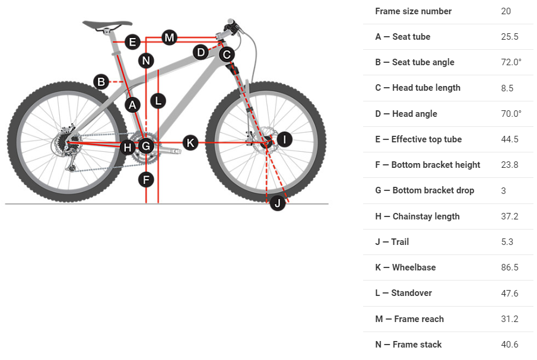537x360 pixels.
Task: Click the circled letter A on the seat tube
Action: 132,105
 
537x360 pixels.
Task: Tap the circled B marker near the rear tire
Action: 101,82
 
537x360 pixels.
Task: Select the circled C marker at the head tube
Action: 226,55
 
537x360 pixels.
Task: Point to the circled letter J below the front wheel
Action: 277,204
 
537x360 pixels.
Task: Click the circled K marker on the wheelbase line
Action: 190,142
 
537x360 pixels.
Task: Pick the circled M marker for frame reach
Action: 170,38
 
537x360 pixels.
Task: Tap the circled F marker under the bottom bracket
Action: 147,179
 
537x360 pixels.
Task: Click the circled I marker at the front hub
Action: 284,139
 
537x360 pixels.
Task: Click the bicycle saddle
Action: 107,25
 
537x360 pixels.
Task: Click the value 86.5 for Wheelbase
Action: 510,267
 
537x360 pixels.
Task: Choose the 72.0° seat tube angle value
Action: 511,62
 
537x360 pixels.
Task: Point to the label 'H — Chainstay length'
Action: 417,216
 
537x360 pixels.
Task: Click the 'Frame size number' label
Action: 413,11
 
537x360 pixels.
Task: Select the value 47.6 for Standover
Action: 510,293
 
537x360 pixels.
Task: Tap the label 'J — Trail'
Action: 392,242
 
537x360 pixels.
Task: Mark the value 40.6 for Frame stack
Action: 510,345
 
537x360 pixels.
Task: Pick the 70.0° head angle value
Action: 511,114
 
